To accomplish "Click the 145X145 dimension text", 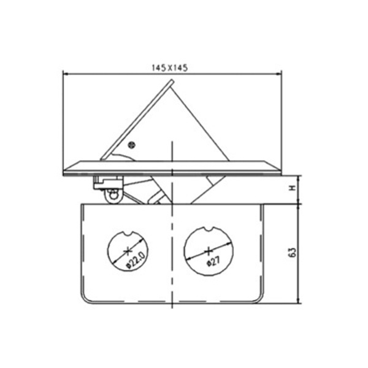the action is (x=170, y=68).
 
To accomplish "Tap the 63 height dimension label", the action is (x=293, y=252).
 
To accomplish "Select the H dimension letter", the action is (x=293, y=188).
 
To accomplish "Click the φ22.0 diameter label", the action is (x=136, y=259).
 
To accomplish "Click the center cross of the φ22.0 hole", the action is (x=128, y=251).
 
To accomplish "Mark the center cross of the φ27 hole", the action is (x=208, y=251).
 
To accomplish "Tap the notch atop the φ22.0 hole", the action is (x=129, y=233).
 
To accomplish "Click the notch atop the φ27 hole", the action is (x=209, y=229).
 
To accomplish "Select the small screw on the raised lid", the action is (x=132, y=145).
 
